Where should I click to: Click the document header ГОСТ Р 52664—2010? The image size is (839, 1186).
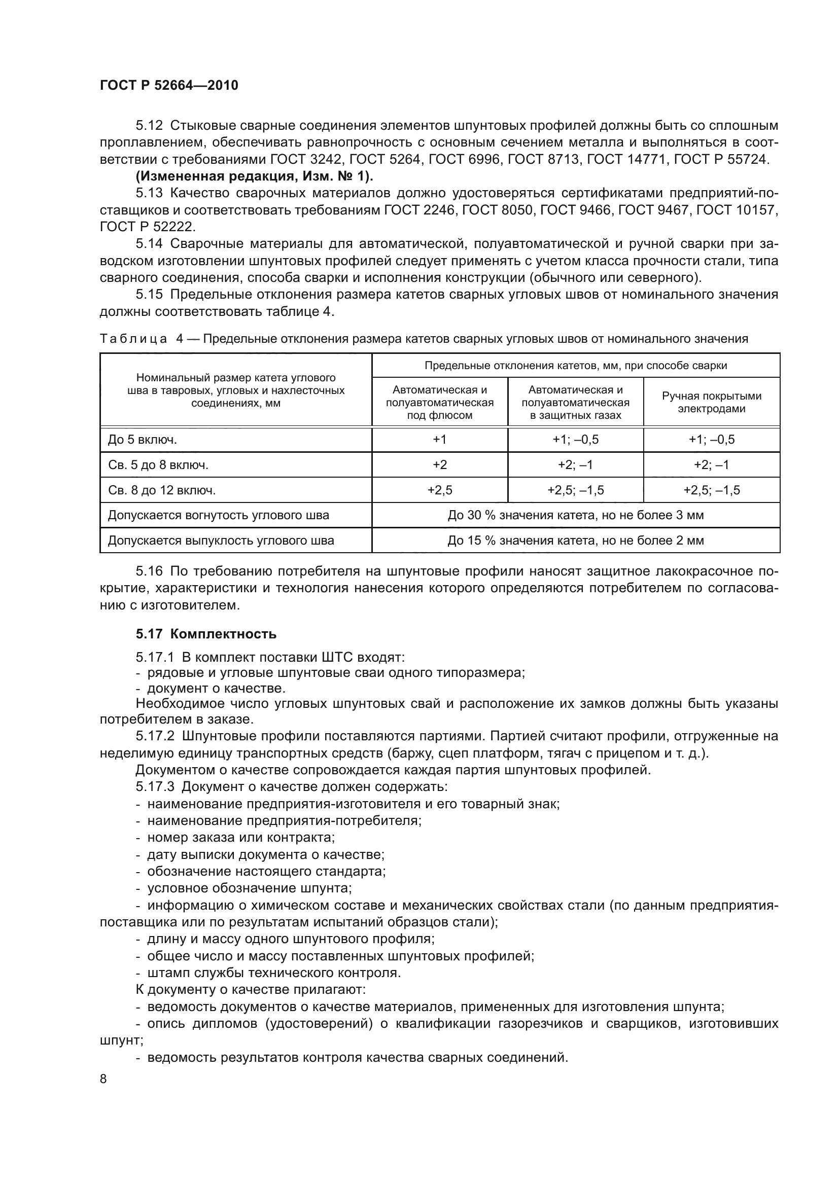pos(169,85)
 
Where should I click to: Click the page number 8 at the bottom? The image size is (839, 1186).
pos(103,1079)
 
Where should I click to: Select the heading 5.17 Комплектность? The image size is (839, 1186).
pos(206,634)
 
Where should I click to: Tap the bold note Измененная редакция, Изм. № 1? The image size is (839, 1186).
pos(254,176)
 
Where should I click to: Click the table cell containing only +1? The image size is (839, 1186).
pos(440,440)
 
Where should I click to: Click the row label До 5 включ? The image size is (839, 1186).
pos(143,440)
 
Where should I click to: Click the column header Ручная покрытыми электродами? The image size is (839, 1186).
pos(711,402)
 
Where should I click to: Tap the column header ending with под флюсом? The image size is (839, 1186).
pos(440,403)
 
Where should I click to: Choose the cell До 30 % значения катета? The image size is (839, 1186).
pos(576,515)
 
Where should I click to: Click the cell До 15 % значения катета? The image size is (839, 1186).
pos(576,541)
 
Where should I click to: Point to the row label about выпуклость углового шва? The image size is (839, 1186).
pos(221,541)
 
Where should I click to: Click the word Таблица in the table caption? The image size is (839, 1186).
pos(133,339)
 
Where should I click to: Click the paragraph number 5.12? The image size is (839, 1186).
pos(149,126)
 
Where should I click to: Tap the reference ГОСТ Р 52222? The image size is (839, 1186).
pos(147,227)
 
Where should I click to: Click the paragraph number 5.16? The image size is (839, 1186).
pos(149,571)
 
